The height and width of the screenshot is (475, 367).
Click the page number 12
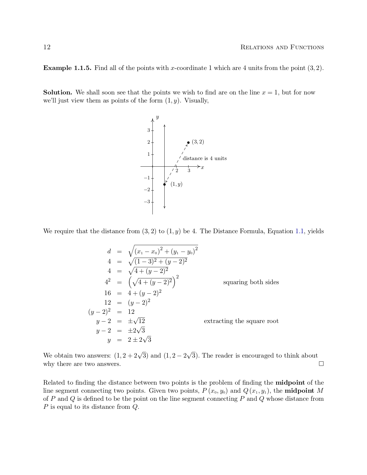47,47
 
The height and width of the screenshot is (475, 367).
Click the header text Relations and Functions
282,47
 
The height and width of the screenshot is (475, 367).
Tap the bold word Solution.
58,92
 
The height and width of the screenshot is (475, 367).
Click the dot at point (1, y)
164,184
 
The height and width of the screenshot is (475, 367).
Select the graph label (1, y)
176,184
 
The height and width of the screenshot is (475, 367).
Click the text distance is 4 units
205,158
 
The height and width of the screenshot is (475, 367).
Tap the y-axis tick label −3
147,202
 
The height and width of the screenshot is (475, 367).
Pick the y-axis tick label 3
149,130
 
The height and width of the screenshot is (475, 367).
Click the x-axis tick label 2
177,171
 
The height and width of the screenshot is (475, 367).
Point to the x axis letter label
202,167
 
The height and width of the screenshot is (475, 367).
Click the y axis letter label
157,117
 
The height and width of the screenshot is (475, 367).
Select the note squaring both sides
251,282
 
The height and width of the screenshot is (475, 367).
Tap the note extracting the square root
241,321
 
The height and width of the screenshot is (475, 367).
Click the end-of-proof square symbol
321,364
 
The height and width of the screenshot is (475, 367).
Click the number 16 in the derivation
107,293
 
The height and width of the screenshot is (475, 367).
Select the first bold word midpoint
290,383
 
